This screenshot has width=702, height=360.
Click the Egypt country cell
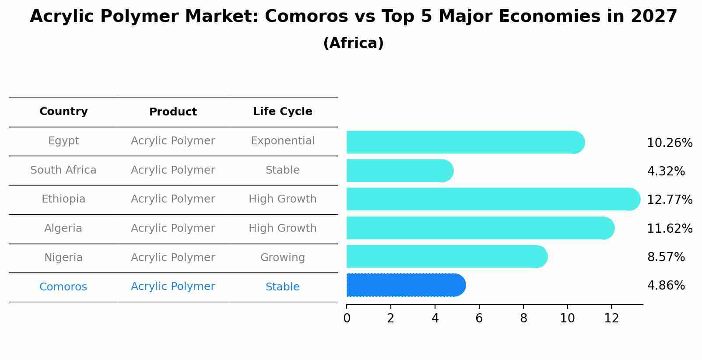click(63, 141)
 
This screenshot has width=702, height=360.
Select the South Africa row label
click(63, 170)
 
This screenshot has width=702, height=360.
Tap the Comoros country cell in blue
click(63, 287)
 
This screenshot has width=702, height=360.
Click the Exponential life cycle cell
click(283, 141)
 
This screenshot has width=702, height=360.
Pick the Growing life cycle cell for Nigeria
click(283, 258)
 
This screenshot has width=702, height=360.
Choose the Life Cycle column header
click(283, 112)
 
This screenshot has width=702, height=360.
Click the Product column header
click(173, 112)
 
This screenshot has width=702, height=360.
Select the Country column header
click(63, 112)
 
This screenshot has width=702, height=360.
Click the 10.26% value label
click(669, 143)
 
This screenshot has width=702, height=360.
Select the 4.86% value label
click(666, 286)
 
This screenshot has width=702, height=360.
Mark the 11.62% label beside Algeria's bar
click(669, 229)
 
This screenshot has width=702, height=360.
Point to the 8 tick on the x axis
click(523, 318)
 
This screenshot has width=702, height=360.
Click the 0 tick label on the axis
click(347, 318)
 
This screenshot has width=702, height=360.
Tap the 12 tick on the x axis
click(611, 318)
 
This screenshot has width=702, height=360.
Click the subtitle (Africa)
click(353, 43)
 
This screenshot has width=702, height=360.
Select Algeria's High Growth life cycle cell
click(283, 228)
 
